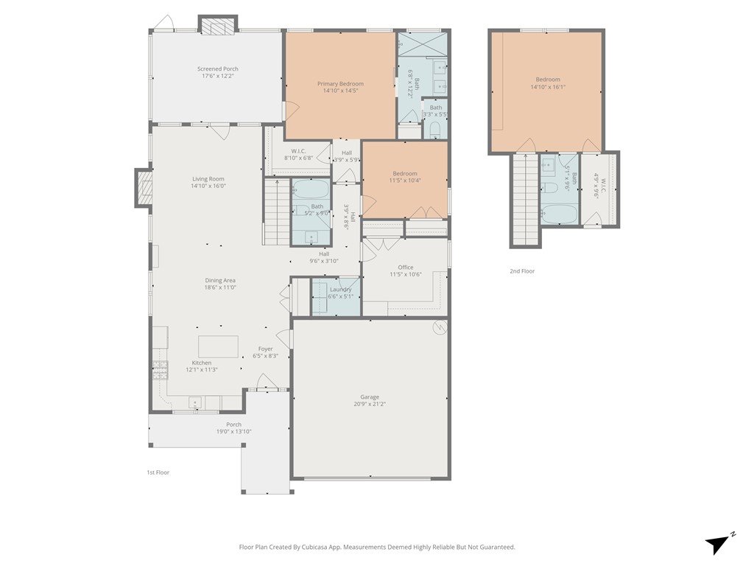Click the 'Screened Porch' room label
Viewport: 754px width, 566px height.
pos(217,69)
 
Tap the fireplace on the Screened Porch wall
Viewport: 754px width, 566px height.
pos(218,27)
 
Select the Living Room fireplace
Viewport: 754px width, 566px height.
pos(144,188)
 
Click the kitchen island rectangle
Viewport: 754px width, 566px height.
pos(218,346)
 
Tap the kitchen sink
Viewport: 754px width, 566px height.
pos(196,402)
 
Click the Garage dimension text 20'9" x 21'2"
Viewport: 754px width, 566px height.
pos(370,404)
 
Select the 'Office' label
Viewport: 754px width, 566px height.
pos(405,268)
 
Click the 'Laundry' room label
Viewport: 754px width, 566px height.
pos(340,290)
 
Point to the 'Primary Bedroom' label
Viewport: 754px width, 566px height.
pos(340,84)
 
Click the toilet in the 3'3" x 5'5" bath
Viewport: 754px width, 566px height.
pos(434,130)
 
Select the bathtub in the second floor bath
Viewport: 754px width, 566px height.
pos(559,214)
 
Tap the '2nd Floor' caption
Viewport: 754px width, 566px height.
pos(522,271)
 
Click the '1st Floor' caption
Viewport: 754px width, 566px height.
pos(158,472)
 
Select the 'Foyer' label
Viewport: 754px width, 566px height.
pos(265,349)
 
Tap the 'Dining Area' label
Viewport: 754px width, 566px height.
pos(219,281)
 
